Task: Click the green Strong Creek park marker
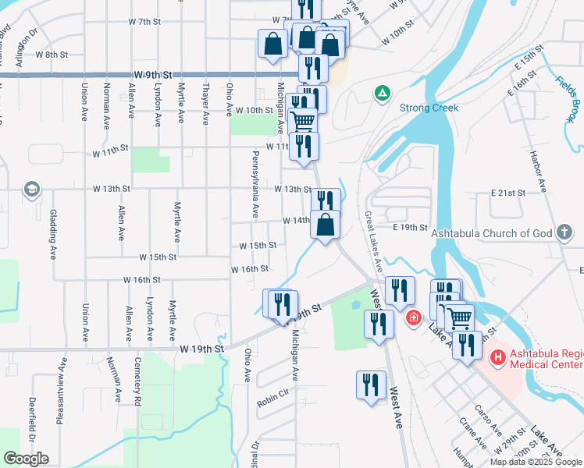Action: click(382, 94)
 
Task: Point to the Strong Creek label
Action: click(429, 108)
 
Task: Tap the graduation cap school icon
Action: click(31, 189)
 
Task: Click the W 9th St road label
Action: click(152, 74)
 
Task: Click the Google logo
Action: click(26, 459)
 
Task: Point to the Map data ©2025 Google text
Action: click(536, 462)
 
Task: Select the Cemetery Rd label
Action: click(138, 381)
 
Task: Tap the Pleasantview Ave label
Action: click(60, 390)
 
